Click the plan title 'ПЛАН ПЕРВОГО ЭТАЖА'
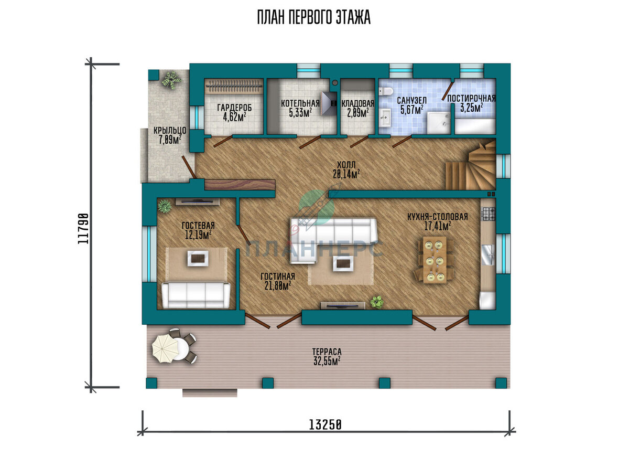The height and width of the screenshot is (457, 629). click(314, 17)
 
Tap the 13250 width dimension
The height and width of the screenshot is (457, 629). click(325, 424)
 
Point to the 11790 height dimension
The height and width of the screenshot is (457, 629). click(83, 229)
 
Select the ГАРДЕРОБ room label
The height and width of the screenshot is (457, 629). click(234, 108)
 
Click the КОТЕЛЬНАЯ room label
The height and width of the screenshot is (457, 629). click(300, 103)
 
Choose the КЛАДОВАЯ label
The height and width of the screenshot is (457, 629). click(357, 103)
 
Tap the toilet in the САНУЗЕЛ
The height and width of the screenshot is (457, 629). click(386, 91)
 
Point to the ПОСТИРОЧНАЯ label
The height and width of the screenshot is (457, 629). click(471, 98)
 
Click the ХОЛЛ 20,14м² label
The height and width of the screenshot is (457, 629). click(346, 169)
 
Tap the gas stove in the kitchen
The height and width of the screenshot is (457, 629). click(489, 214)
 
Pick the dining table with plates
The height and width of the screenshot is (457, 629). click(434, 259)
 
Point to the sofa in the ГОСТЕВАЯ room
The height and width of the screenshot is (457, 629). click(196, 295)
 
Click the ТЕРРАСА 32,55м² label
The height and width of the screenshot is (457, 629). click(327, 356)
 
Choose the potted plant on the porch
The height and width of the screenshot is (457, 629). click(171, 80)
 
